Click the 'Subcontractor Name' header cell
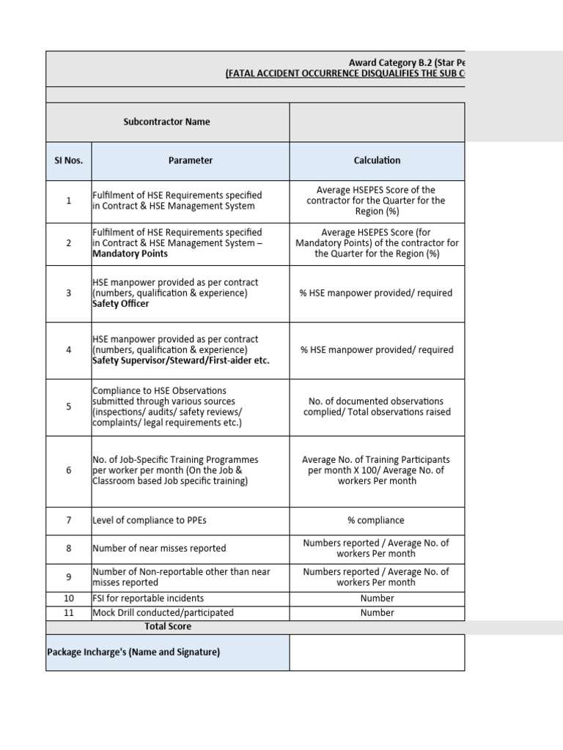(166, 122)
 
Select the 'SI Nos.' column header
(68, 160)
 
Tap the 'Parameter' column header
(191, 160)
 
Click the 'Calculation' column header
(377, 160)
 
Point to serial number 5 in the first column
(68, 406)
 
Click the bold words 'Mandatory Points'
(130, 253)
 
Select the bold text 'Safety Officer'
(120, 304)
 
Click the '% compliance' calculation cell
(377, 521)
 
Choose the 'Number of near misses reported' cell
(159, 548)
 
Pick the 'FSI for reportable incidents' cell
(148, 598)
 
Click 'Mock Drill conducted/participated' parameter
(163, 612)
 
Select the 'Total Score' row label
(168, 627)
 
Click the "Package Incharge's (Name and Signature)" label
(133, 652)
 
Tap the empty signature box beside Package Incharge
(377, 652)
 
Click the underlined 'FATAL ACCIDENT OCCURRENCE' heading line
(345, 74)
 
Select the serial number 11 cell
(68, 612)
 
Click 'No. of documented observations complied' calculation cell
(377, 406)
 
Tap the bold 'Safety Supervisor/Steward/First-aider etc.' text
(180, 360)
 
